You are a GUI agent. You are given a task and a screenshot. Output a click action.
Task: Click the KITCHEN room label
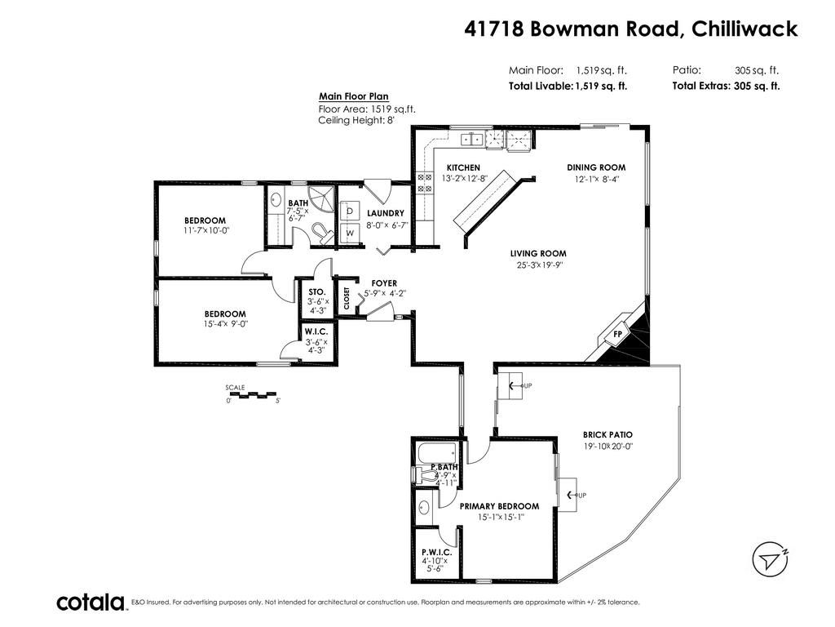[x=463, y=167]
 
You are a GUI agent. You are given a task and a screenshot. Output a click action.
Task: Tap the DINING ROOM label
[x=596, y=167]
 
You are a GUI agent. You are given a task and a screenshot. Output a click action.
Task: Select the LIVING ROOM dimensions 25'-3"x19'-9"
[x=538, y=265]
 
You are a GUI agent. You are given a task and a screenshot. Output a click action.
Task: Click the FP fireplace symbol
[x=618, y=334]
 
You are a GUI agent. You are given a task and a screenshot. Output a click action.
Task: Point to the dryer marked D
[x=349, y=211]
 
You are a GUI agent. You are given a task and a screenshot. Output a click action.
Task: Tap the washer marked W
[x=349, y=233]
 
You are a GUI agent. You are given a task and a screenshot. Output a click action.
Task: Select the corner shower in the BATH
[x=322, y=198]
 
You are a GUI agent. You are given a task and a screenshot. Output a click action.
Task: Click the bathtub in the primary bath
[x=436, y=452]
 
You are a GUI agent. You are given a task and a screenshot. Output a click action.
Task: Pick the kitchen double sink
[x=472, y=139]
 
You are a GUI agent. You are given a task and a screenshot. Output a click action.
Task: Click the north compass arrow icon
[x=770, y=558]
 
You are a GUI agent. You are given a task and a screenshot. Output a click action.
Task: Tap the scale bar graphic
[x=252, y=395]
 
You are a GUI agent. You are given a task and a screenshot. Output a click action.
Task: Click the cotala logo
[x=91, y=603]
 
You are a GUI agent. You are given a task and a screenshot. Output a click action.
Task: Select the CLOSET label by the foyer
[x=347, y=299]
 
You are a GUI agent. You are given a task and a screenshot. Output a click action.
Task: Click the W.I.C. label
[x=316, y=331]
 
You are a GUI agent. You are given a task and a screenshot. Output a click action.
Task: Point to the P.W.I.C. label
[x=437, y=553]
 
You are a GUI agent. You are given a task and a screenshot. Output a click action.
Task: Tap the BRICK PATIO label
[x=607, y=434]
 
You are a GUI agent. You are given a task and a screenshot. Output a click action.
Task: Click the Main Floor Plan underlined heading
[x=354, y=96]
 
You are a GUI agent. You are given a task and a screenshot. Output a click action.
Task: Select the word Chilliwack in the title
[x=744, y=29]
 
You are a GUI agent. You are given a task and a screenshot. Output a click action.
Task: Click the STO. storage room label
[x=317, y=291]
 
